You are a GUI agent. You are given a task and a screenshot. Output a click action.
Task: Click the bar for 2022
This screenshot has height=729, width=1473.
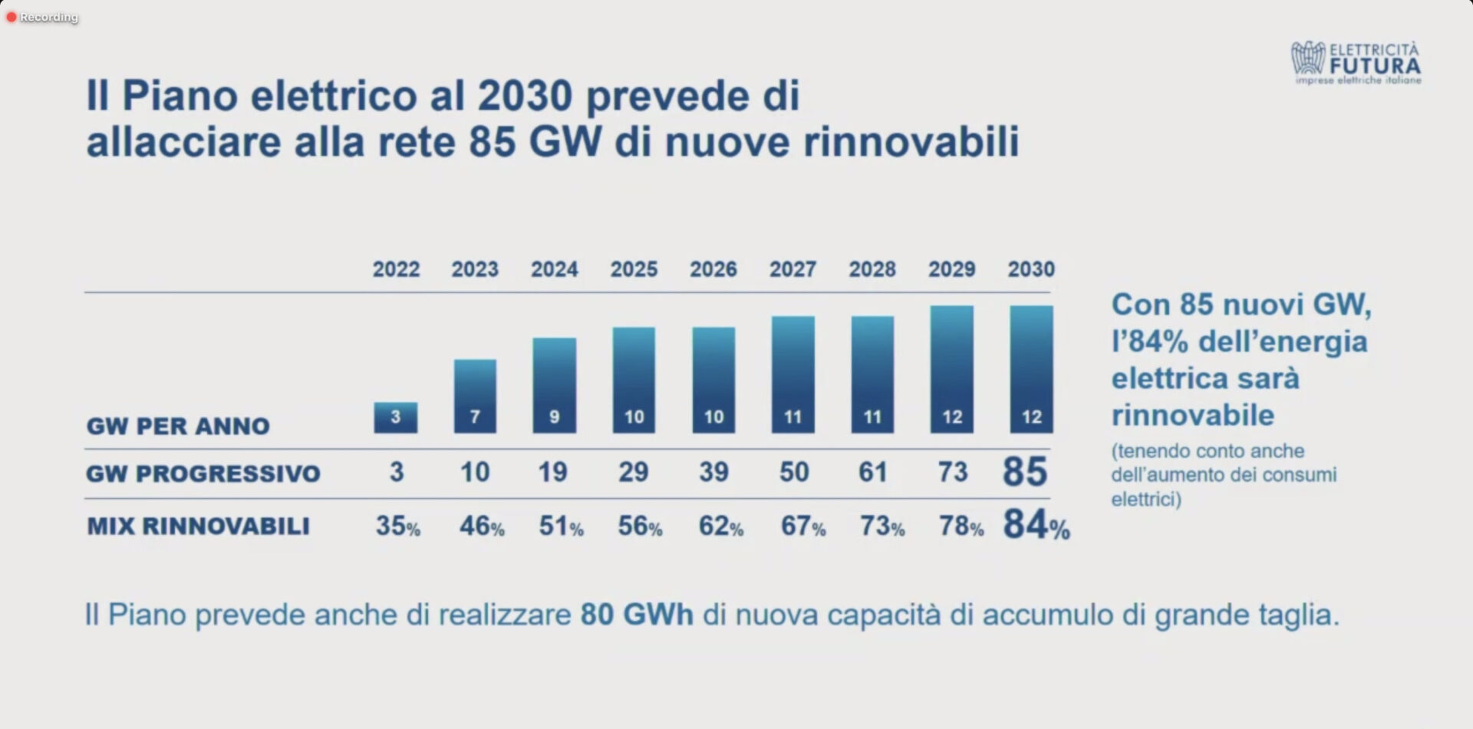coord(396,417)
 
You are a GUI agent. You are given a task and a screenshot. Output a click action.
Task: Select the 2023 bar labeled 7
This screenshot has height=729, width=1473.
coord(475,396)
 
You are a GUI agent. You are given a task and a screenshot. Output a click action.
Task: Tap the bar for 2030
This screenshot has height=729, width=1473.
coord(1031,369)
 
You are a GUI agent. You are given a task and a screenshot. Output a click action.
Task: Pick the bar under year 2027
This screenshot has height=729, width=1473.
coord(793,374)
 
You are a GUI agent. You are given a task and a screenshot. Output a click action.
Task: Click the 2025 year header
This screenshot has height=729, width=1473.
coord(634,269)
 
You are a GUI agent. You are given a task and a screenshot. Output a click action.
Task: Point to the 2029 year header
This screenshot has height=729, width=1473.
coord(951,269)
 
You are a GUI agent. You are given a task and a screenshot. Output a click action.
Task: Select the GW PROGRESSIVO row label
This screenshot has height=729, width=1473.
coord(203,473)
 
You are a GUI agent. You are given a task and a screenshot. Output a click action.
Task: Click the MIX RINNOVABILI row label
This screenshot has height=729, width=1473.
coord(199,526)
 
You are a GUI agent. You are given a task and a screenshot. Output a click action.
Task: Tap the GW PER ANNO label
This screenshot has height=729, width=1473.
coord(178,426)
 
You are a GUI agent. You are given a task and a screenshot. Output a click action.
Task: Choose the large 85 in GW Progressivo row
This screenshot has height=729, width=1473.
coord(1025,472)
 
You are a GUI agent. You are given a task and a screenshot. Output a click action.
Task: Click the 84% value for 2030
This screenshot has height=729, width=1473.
coord(1036,526)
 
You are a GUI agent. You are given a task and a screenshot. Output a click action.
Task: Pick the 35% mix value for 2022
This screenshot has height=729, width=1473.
coord(397,526)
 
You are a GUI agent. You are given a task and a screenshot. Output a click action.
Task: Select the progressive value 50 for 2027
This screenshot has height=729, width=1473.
coord(794,472)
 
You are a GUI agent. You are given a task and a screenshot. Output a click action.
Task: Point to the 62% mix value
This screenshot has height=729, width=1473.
coord(720,526)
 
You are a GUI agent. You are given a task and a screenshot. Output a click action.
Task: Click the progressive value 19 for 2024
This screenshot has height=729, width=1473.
coord(553,472)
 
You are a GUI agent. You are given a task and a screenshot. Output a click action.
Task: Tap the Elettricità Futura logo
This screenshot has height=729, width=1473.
coord(1356,62)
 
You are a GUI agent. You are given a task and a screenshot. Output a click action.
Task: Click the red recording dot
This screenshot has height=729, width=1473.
coord(12,17)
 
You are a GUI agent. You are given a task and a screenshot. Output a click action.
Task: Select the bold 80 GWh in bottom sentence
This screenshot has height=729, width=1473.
coord(637,615)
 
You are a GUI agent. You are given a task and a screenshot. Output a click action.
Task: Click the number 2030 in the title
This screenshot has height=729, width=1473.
coord(525,97)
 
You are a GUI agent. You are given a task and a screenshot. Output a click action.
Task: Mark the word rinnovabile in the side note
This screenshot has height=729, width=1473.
coord(1193,415)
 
